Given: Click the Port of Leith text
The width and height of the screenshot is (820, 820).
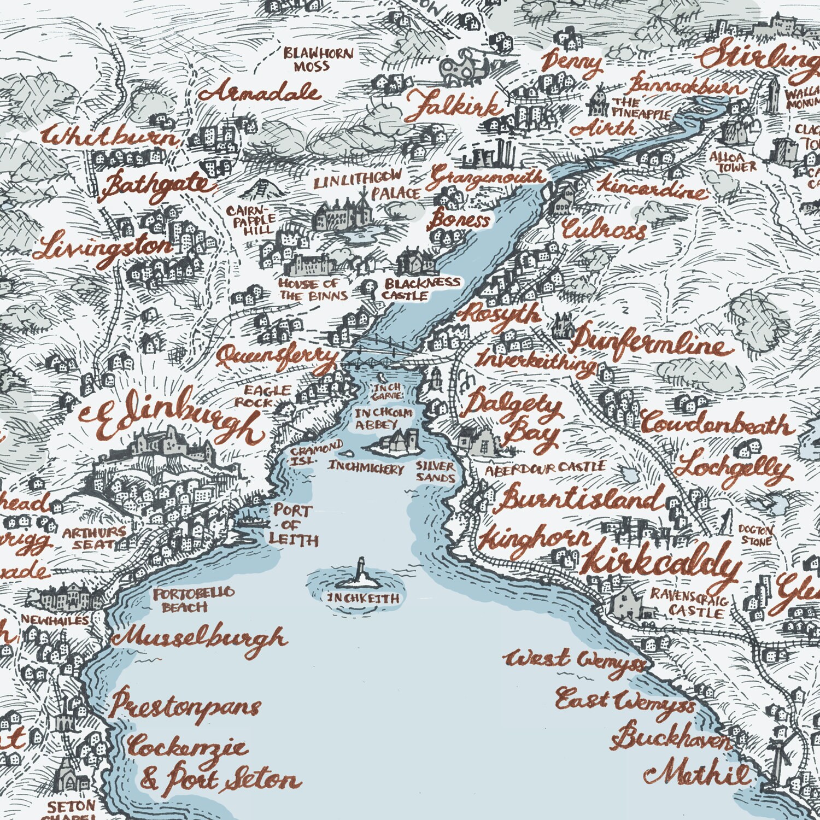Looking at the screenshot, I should (294, 525).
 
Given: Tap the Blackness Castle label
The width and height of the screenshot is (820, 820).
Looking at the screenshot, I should (421, 289).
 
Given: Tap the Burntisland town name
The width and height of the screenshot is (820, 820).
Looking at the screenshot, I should (579, 499).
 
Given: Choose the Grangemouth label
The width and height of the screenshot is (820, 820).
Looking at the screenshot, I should (487, 177).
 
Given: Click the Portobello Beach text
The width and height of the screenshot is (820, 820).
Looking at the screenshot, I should (194, 600).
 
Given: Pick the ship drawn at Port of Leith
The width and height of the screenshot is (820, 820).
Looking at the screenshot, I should (251, 521).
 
